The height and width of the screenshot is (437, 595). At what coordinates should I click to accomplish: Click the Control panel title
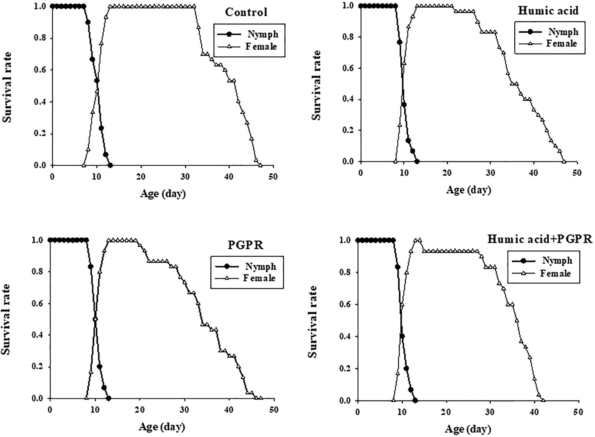coord(246,12)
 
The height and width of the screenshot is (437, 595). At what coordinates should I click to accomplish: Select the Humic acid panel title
coord(548,10)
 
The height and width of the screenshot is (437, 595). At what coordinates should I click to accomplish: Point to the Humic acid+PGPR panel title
coord(539,239)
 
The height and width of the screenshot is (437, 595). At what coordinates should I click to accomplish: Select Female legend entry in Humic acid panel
coord(561,43)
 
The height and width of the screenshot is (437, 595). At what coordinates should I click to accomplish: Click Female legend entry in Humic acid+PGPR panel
coord(555,273)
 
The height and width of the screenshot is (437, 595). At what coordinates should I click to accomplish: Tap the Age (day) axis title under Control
coord(163,194)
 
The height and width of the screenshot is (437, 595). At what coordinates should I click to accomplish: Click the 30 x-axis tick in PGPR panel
coord(184,410)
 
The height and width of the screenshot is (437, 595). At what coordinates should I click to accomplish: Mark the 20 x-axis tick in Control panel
coord(141,177)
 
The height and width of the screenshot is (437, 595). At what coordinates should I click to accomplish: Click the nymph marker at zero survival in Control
coord(110,165)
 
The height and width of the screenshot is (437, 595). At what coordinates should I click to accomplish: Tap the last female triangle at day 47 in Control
coord(260,165)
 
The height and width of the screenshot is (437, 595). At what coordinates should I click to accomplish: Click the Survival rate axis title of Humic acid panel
coord(317,85)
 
